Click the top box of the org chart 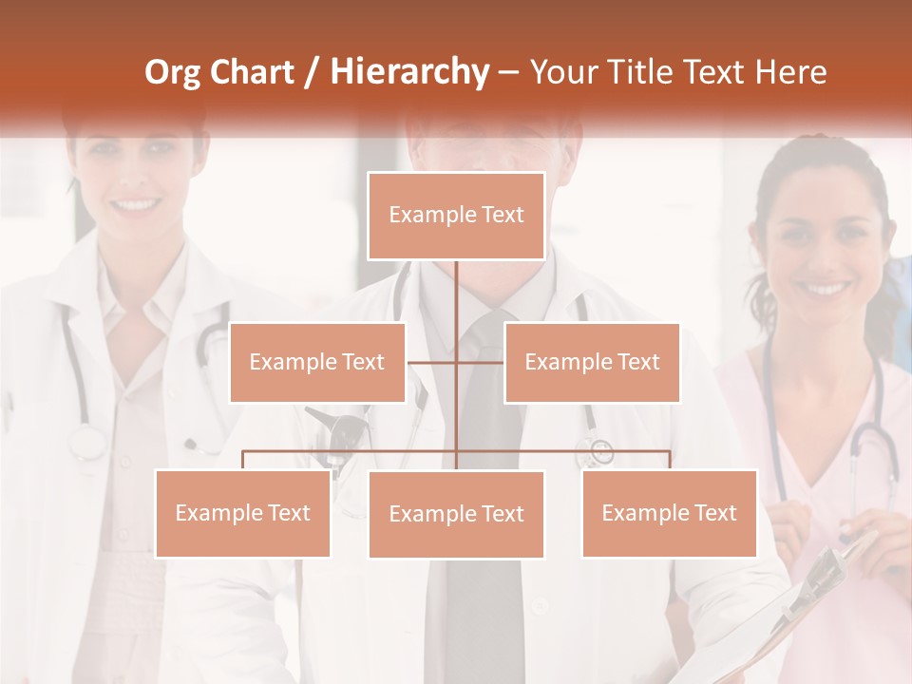point(456,216)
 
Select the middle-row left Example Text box point(317,362)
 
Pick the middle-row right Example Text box point(592,362)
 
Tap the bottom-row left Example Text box point(242,513)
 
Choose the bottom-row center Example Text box point(456,514)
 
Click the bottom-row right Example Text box point(669,513)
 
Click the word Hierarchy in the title point(408,72)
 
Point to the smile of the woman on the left point(138,203)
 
